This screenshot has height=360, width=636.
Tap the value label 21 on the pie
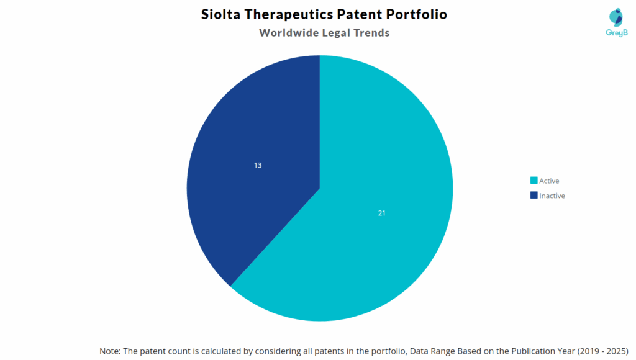point(382,213)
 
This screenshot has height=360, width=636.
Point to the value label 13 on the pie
point(258,165)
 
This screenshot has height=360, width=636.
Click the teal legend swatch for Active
point(534,181)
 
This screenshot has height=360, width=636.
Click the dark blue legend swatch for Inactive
point(534,196)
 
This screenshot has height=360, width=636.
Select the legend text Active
point(549,181)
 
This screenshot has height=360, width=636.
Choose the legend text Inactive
point(552,196)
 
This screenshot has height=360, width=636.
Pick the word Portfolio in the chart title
point(420,14)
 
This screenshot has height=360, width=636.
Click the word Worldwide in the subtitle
point(288,33)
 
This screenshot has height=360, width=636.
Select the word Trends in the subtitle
point(371,33)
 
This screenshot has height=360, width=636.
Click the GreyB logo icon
point(616,17)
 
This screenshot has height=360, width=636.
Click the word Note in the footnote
point(110,351)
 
